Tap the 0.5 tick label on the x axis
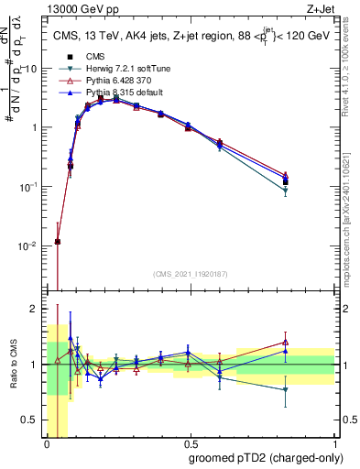point(190,443)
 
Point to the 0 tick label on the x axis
point(47,443)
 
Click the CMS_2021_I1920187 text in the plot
point(190,273)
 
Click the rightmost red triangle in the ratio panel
point(286,343)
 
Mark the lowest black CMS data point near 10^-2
point(58,242)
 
